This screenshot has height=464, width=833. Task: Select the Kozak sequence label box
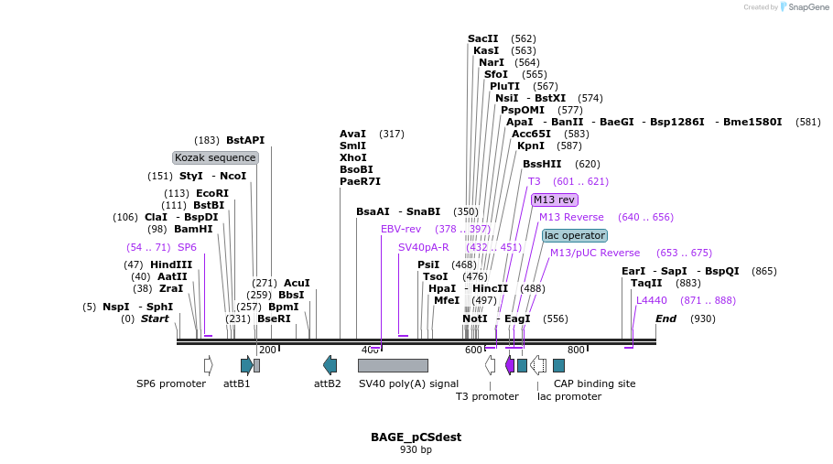pos(215,157)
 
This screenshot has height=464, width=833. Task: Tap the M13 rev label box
pos(554,200)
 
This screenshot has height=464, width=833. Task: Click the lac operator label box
pos(574,235)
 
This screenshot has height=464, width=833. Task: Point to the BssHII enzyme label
pos(542,164)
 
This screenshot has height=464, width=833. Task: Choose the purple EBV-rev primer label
pos(401,229)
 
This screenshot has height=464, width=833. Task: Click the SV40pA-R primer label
pos(423,247)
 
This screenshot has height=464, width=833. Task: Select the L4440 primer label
pos(652,300)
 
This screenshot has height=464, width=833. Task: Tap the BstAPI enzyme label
pos(245,140)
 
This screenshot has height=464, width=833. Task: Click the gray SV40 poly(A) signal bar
pos(393,365)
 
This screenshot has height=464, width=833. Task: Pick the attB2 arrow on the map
pos(330,365)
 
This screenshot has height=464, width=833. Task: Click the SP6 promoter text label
pos(171,383)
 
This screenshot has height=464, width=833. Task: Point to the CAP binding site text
pos(594,383)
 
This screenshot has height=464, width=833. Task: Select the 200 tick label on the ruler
pos(267,351)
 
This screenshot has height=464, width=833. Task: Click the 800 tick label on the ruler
pos(576,351)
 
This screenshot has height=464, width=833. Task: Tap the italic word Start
pos(155,318)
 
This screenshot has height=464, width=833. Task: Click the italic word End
pos(665,318)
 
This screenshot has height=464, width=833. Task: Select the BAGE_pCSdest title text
pos(416,437)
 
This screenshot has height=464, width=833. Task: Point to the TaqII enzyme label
pos(646,283)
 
